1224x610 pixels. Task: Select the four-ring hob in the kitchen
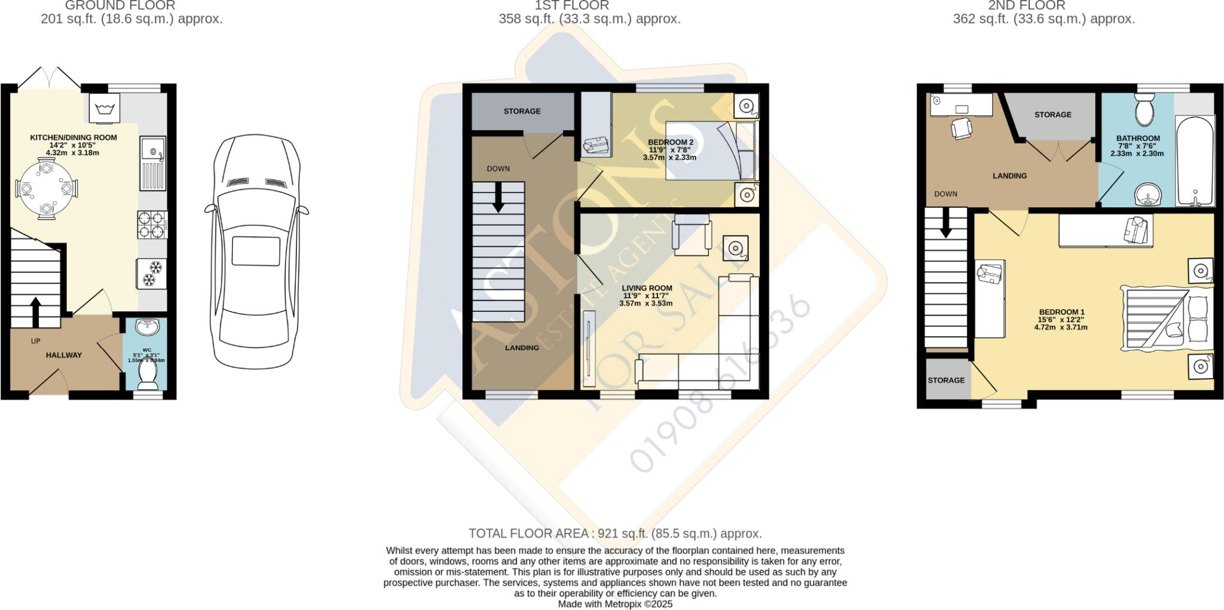152,225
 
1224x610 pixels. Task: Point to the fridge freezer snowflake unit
152,274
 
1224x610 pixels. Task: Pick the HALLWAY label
64,355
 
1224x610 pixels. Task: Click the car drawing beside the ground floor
256,251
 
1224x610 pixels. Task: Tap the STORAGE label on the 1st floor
522,111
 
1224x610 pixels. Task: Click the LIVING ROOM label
647,288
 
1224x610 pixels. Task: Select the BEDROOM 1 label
1061,312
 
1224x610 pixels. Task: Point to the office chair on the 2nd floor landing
960,128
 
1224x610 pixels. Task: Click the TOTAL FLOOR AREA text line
615,534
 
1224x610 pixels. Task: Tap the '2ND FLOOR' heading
1044,6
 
